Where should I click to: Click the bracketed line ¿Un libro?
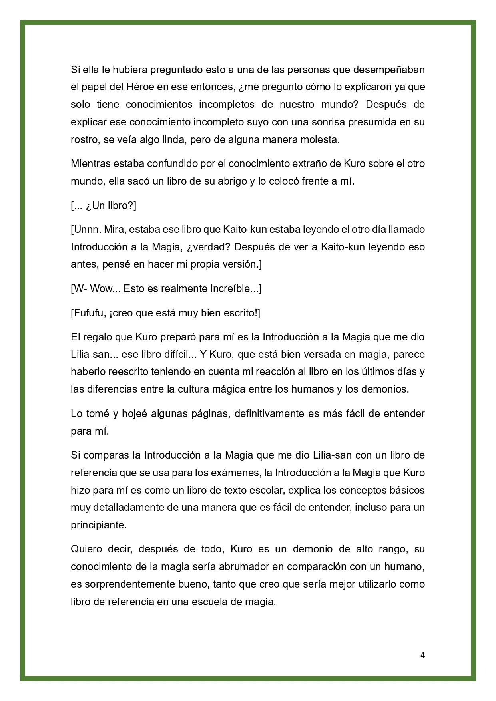point(104,206)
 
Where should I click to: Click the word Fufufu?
point(90,313)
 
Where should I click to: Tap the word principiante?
point(99,525)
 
